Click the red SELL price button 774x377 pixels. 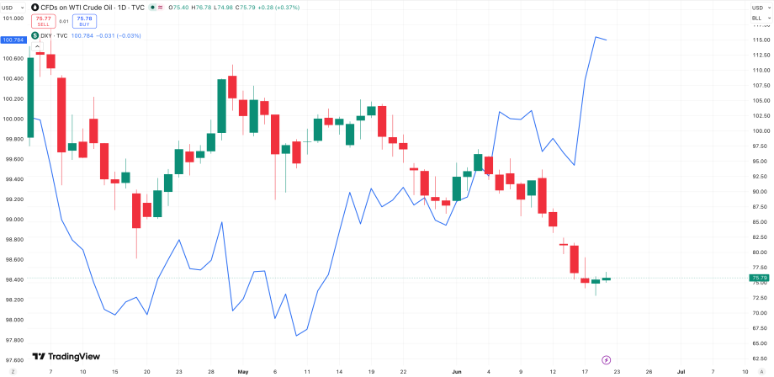pyautogui.click(x=43, y=21)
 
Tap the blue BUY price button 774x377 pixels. pyautogui.click(x=84, y=21)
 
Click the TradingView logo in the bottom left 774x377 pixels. pyautogui.click(x=66, y=356)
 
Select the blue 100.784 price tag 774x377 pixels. pyautogui.click(x=13, y=40)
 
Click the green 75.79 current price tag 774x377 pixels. pyautogui.click(x=759, y=278)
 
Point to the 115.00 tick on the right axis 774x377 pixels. pyautogui.click(x=758, y=40)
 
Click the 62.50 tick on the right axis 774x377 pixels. pyautogui.click(x=758, y=358)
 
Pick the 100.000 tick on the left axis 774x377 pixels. pyautogui.click(x=13, y=119)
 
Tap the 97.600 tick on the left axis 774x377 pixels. pyautogui.click(x=13, y=359)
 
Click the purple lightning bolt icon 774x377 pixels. pyautogui.click(x=607, y=359)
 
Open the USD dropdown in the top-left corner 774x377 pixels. pyautogui.click(x=13, y=8)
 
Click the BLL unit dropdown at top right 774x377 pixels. pyautogui.click(x=761, y=19)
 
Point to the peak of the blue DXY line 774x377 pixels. pyautogui.click(x=596, y=36)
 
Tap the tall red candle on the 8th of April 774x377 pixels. pyautogui.click(x=61, y=115)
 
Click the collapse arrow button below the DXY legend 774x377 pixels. pyautogui.click(x=37, y=46)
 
